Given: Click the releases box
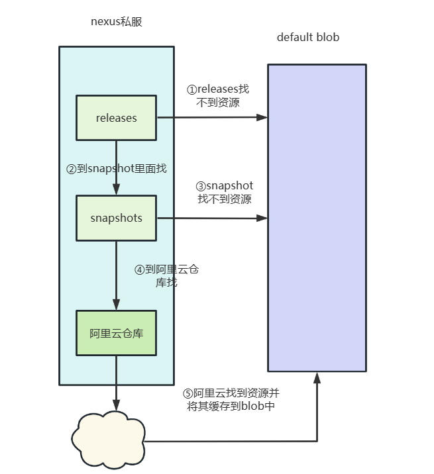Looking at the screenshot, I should [x=117, y=118].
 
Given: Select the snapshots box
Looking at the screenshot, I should [x=117, y=218].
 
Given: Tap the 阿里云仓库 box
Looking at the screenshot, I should [x=117, y=333].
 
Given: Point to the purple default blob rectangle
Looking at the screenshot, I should [x=317, y=218].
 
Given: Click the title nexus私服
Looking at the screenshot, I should [x=117, y=22].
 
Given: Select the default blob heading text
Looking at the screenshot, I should [x=308, y=38].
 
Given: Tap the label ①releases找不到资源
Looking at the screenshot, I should [x=218, y=96].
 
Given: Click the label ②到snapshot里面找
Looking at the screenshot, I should [x=117, y=169].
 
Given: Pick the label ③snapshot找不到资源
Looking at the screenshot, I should [x=225, y=192].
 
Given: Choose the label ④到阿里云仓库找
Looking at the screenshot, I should [x=166, y=276].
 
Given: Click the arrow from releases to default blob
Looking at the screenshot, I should [x=212, y=118].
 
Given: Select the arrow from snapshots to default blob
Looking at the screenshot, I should [x=212, y=218].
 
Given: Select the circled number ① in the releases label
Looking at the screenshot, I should [x=191, y=89].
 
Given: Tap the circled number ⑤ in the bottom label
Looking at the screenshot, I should [x=188, y=393].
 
